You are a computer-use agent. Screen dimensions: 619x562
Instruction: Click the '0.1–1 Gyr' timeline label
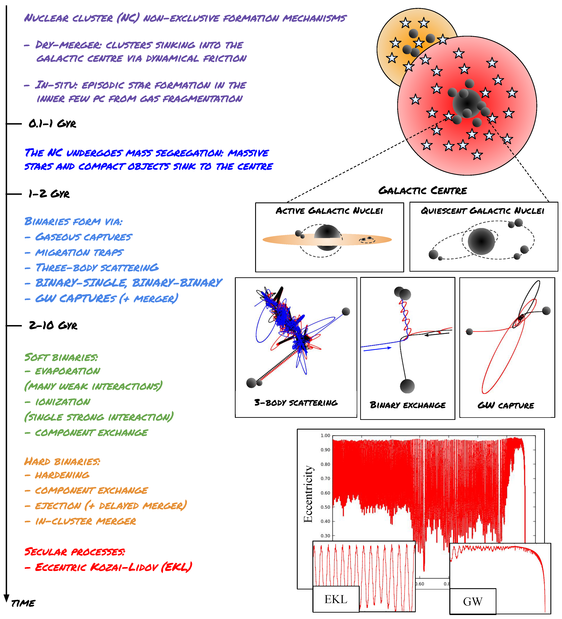52,124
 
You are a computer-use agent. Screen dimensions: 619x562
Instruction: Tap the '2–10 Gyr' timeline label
53,325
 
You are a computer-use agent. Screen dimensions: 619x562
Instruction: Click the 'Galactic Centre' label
422,191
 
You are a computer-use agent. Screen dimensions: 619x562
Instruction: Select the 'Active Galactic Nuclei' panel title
329,211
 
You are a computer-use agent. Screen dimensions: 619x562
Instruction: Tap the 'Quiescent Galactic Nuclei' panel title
482,211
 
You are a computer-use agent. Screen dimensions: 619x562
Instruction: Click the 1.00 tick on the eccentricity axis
325,436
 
